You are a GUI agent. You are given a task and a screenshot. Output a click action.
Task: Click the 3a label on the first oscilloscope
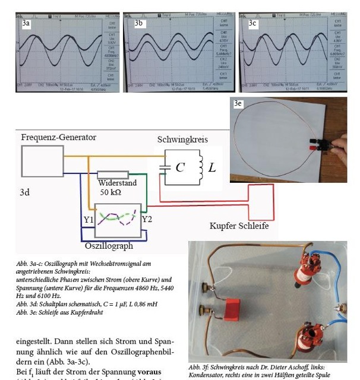tap(26, 23)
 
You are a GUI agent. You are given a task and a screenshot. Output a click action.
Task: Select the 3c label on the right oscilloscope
tap(252, 23)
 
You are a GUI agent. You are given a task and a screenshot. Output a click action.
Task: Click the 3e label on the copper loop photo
tap(238, 103)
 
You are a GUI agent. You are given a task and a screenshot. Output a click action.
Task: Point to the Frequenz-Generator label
tap(58, 137)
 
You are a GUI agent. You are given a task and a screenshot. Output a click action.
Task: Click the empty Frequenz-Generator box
tap(42, 160)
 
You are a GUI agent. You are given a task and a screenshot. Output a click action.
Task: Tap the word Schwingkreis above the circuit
tap(183, 140)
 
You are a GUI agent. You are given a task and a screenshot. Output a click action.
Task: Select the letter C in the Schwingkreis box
tap(180, 167)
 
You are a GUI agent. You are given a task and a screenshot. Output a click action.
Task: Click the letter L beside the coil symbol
tap(212, 167)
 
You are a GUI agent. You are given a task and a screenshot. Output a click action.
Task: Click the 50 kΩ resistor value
tap(113, 193)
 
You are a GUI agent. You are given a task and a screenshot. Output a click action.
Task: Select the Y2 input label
tap(148, 220)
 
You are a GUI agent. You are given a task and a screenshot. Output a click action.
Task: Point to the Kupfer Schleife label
tap(239, 226)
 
